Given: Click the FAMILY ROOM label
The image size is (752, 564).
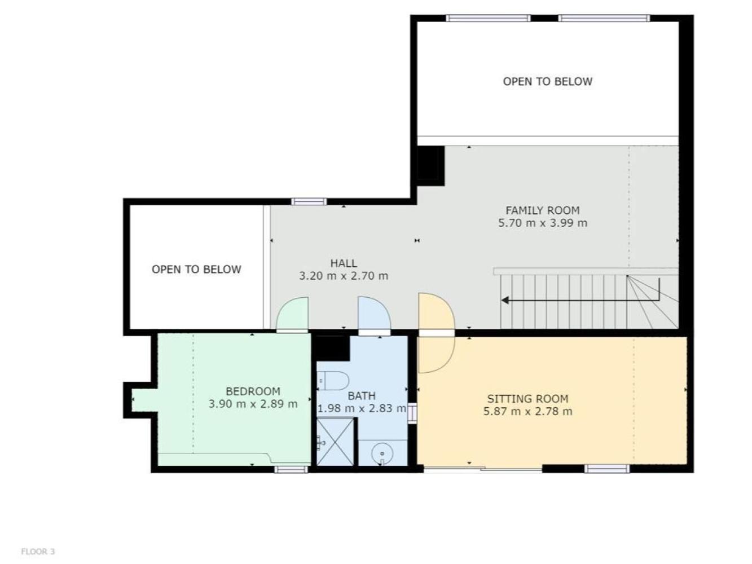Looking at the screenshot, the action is [x=542, y=210].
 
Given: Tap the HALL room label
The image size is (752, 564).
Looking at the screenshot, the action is [x=344, y=263].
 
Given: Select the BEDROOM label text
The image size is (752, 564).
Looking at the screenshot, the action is [x=253, y=391].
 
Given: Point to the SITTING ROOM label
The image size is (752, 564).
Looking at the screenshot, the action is [x=527, y=399].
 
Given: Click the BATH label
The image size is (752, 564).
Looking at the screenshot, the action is [x=362, y=396].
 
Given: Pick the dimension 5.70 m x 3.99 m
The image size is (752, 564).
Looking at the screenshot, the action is [x=542, y=223].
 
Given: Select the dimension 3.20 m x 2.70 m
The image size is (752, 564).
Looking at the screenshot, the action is [x=344, y=276].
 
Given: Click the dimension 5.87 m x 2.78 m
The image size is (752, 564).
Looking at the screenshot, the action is [x=527, y=411].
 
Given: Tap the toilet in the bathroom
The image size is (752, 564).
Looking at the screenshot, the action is [x=333, y=381].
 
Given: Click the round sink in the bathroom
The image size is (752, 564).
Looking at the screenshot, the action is [x=382, y=453].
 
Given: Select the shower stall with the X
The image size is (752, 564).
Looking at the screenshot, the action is [x=335, y=442].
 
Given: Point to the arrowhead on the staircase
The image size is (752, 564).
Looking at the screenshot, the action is [x=505, y=300].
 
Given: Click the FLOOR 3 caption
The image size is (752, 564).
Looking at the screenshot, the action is [x=38, y=551].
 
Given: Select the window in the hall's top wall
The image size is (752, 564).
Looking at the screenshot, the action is [x=309, y=201].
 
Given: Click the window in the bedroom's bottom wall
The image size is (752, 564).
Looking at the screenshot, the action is [x=291, y=469].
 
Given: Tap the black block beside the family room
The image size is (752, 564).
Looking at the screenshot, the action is [x=430, y=166].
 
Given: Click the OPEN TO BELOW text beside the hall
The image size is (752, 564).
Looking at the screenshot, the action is [x=196, y=269].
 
